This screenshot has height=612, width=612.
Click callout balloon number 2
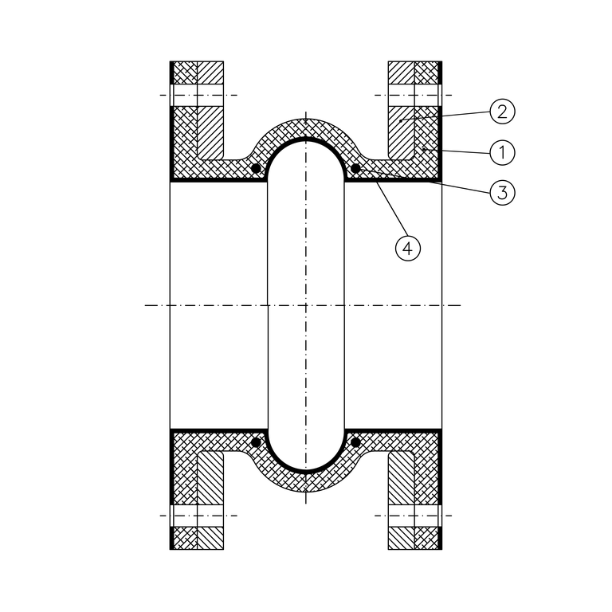503,111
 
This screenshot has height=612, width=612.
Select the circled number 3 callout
503,191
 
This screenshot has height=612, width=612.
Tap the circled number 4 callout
407,248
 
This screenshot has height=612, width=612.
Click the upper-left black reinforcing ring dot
256,169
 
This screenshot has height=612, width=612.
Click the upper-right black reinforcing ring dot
355,169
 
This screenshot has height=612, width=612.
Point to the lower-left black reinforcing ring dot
256,441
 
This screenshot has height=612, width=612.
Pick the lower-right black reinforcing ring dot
355,441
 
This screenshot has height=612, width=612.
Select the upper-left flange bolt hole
197,95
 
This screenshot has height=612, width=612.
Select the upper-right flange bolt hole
414,95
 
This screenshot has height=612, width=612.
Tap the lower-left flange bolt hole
197,516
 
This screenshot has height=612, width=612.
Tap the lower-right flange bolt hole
414,516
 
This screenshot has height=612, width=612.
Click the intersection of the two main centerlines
306,305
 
